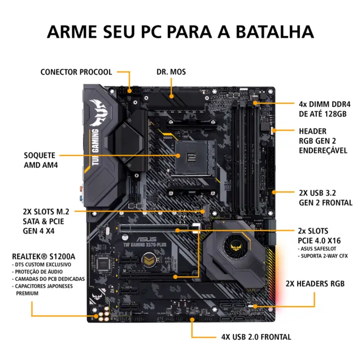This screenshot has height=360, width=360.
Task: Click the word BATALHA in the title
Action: point(274,32)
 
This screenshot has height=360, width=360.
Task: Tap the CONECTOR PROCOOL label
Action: point(76,72)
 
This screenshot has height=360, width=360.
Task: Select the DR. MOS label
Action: point(171,72)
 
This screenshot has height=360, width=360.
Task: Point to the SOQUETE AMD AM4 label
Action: point(41,160)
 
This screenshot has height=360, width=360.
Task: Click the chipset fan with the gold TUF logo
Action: point(237,247)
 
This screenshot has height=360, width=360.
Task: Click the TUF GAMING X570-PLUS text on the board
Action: point(145,245)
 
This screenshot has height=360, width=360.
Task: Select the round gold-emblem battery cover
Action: point(149,260)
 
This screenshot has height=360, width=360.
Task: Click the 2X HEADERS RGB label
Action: point(315,284)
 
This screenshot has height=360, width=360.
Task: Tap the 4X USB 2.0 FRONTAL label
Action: point(256,337)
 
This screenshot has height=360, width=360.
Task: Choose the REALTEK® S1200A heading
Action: point(44,256)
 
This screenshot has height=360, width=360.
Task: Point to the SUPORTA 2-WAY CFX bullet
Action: point(323,256)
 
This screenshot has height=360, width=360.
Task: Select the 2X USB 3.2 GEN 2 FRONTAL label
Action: point(326,197)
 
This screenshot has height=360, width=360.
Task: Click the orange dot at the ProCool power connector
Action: point(129,91)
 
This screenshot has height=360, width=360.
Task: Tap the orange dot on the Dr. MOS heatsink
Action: point(171,96)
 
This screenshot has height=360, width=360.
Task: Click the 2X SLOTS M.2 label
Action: point(46,212)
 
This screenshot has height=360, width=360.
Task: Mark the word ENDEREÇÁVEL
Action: point(323,151)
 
